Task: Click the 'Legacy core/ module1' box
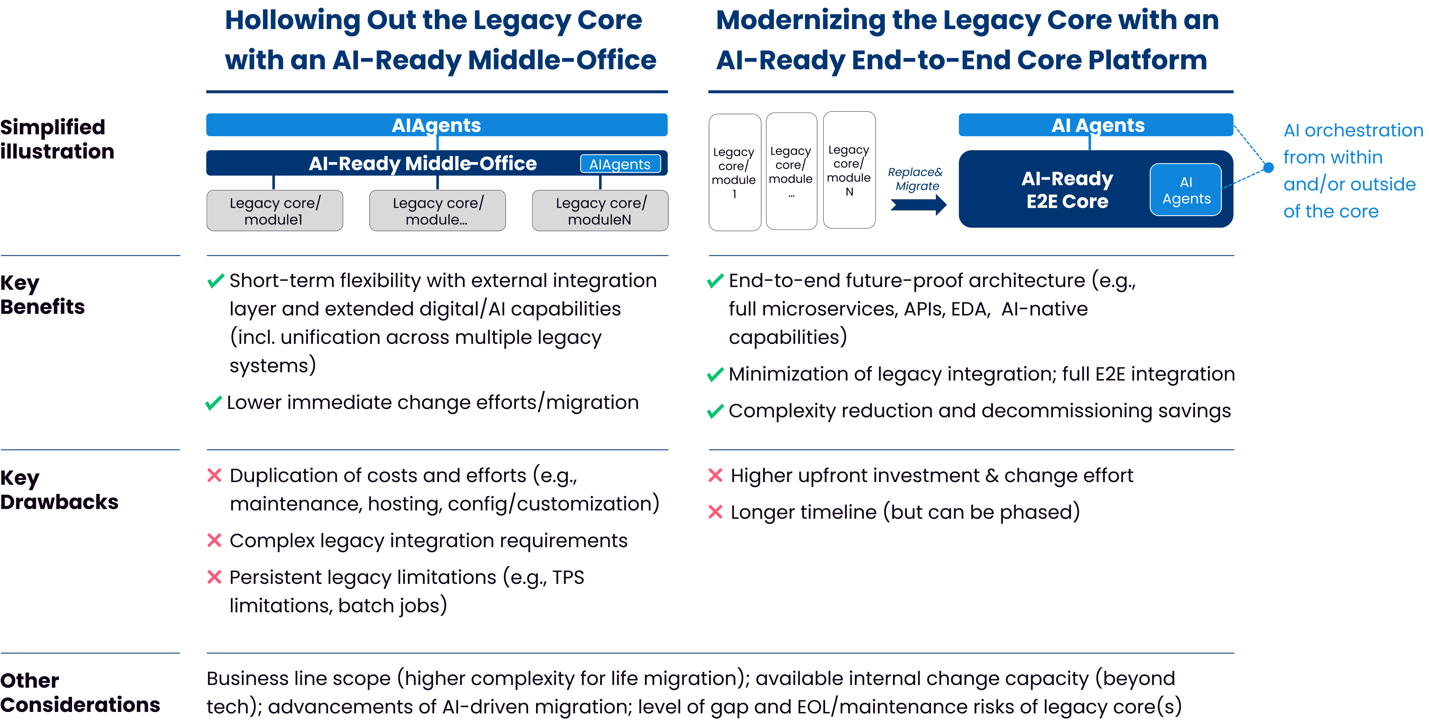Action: [274, 211]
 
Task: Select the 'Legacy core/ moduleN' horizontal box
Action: [600, 211]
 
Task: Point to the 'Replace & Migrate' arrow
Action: [918, 204]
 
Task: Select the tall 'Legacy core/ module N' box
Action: [849, 170]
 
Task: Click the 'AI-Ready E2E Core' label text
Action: [1067, 190]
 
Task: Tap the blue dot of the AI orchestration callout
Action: [1268, 167]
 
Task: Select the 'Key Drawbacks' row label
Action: [59, 490]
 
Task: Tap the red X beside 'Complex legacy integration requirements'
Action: [214, 540]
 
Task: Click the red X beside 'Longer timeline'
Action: [715, 512]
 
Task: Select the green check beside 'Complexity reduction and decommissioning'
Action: [715, 411]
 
